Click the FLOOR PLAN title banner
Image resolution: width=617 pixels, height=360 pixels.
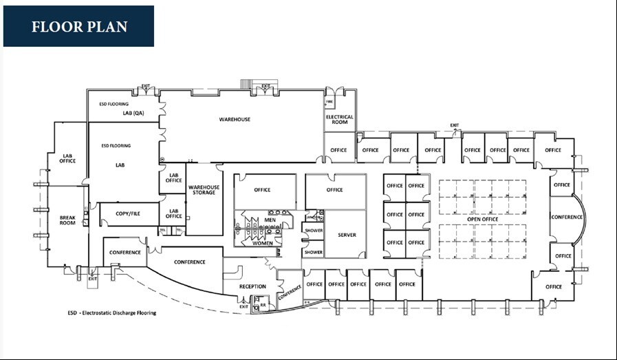pyautogui.click(x=78, y=27)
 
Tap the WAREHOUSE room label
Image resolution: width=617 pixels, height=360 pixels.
pyautogui.click(x=235, y=120)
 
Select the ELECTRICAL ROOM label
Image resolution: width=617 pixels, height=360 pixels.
pyautogui.click(x=340, y=119)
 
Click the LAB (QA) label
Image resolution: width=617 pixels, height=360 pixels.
pyautogui.click(x=133, y=113)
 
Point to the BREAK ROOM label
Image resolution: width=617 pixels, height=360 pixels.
pyautogui.click(x=67, y=220)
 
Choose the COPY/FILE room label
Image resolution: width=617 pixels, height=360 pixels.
pyautogui.click(x=128, y=214)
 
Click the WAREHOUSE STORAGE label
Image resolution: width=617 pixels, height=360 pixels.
pyautogui.click(x=204, y=189)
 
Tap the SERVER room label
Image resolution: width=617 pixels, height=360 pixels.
pyautogui.click(x=347, y=235)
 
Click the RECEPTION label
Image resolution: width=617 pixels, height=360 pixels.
pyautogui.click(x=252, y=286)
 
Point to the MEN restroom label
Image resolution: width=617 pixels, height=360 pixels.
pyautogui.click(x=270, y=220)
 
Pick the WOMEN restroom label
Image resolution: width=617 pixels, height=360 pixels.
pyautogui.click(x=263, y=243)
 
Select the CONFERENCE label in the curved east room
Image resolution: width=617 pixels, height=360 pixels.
pyautogui.click(x=567, y=218)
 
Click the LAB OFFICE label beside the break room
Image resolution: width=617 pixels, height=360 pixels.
pyautogui.click(x=67, y=159)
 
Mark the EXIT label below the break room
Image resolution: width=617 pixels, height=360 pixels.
pyautogui.click(x=93, y=279)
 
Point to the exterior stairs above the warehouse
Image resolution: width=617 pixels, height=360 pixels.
pyautogui.click(x=246, y=84)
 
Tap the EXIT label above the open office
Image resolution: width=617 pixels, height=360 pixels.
pyautogui.click(x=455, y=125)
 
